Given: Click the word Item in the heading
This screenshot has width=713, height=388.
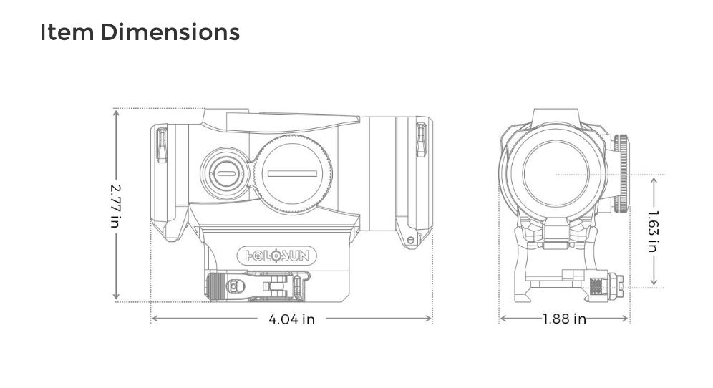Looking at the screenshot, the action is (x=67, y=32).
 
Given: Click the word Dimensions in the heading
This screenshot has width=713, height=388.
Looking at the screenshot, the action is (x=170, y=32).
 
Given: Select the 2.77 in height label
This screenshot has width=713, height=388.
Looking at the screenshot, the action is (x=116, y=206).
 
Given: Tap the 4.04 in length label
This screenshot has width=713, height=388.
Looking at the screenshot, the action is (x=291, y=319).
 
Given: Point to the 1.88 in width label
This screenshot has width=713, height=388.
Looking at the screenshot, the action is (x=564, y=319).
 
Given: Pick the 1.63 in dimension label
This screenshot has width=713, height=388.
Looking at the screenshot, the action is (x=653, y=231).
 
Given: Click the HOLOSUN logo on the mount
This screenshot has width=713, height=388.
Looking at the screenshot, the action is (x=277, y=256).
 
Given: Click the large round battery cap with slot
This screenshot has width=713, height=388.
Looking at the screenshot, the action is (x=292, y=173).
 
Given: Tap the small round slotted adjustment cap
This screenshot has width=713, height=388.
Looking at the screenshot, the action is (x=224, y=173).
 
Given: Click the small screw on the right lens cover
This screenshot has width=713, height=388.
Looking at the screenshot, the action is (x=411, y=240).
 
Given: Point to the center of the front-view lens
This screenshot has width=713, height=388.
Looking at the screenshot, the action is (x=556, y=174).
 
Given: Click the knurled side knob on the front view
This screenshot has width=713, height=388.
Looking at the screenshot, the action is (x=621, y=173).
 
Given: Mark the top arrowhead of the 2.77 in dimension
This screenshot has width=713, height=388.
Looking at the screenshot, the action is (x=117, y=113).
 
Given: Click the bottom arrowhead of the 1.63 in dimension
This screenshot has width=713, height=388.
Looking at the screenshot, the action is (x=654, y=282).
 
